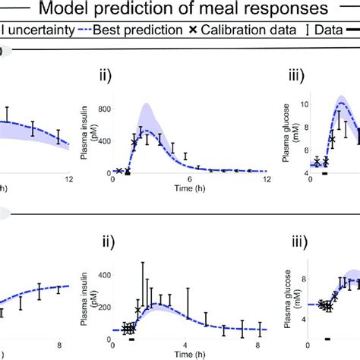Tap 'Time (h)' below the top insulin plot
click(189, 188)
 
